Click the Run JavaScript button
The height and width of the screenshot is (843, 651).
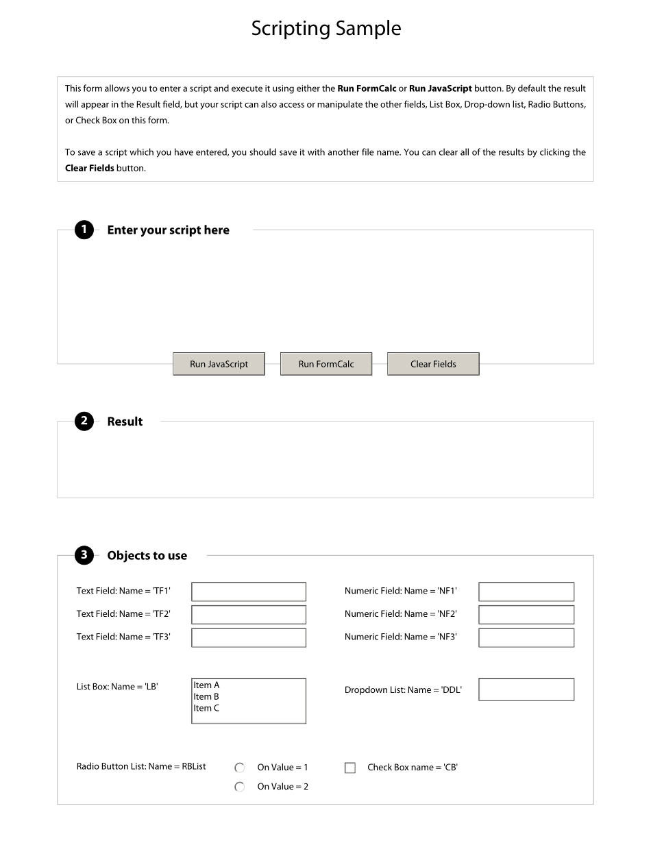[x=219, y=364]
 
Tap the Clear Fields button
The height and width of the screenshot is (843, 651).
[x=433, y=364]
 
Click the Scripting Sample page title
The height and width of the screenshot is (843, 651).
[x=325, y=29]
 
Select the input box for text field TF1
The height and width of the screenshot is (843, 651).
[x=249, y=591]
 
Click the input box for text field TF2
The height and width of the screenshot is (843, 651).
[x=249, y=615]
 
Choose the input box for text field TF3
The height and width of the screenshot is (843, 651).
[x=249, y=637]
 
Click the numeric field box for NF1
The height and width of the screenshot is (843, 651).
[x=526, y=591]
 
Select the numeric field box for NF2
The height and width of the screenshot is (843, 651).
[x=526, y=615]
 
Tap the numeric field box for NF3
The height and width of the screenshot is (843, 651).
[x=526, y=637]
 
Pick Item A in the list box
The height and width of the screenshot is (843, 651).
[x=206, y=685]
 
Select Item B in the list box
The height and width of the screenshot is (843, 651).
[x=206, y=697]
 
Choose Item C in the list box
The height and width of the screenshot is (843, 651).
[x=206, y=709]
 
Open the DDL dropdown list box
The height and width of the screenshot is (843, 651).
[x=526, y=689]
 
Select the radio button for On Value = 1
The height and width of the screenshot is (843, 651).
[x=240, y=768]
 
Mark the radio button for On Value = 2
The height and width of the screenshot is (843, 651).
[x=240, y=787]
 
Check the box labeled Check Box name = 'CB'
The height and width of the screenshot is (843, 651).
[x=350, y=768]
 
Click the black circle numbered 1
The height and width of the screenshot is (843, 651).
[x=84, y=230]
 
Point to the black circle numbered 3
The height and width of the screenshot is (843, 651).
[x=84, y=555]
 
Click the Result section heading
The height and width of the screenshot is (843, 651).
[x=125, y=422]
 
